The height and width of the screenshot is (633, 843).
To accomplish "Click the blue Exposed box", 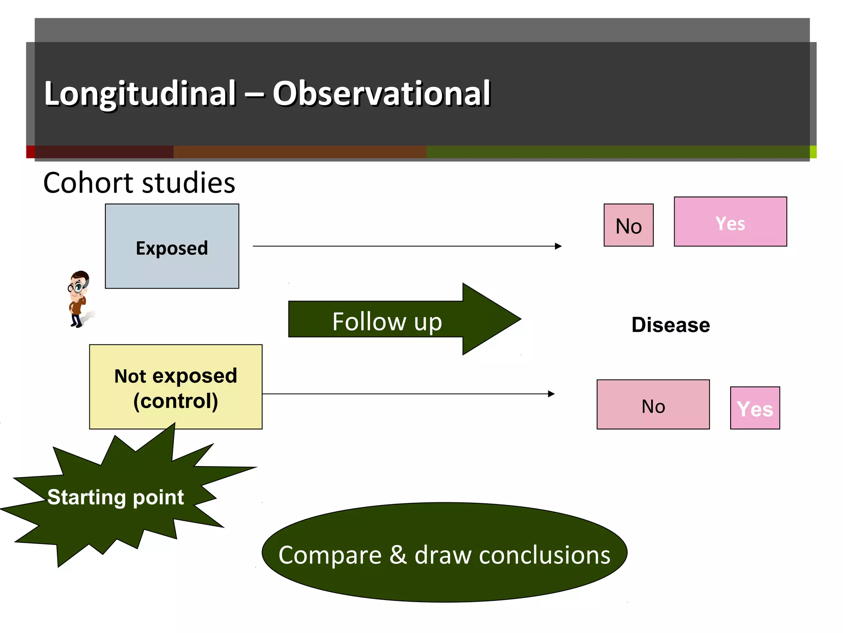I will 172,246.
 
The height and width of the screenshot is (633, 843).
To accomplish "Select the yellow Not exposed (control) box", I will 175,387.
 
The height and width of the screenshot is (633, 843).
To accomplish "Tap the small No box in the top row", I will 628,225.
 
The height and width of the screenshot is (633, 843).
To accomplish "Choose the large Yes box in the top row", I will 730,222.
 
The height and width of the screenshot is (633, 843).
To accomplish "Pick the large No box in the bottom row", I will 653,404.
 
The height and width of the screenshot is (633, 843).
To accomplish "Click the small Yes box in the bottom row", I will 755,408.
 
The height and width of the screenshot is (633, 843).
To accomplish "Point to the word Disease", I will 671,325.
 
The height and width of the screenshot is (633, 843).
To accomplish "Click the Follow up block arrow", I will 387,320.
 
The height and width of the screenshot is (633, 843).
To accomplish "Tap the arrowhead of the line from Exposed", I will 558,246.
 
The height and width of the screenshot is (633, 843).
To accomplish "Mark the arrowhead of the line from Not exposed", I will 551,394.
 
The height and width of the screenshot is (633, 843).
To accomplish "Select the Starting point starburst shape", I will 115,497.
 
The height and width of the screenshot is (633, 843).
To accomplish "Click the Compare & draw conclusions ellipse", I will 444,552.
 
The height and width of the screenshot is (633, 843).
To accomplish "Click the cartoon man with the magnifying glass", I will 78,298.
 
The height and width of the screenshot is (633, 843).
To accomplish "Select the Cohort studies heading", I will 139,183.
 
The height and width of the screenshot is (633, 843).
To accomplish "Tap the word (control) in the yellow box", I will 175,401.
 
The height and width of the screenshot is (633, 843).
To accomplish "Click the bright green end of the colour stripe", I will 813,152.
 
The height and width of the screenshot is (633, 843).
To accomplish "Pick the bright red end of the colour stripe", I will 30,152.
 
